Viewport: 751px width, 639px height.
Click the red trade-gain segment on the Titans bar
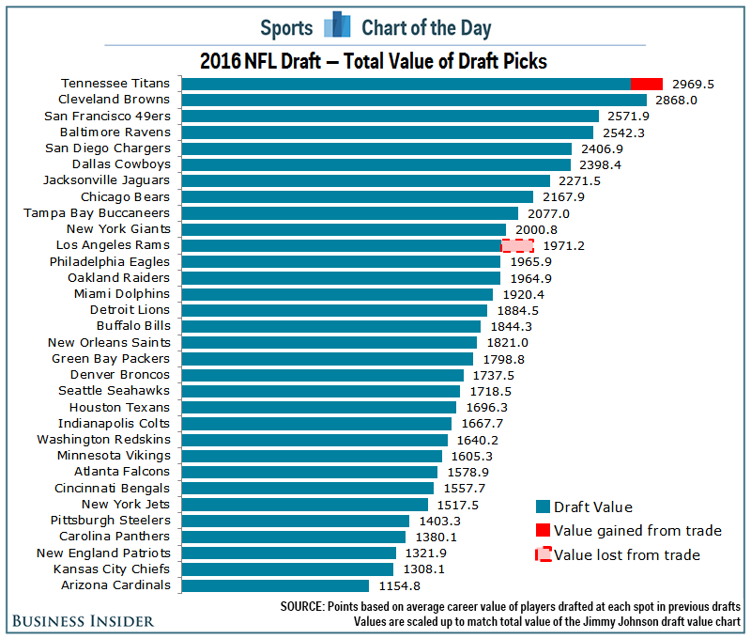[646, 84]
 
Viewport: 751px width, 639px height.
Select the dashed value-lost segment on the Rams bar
[517, 245]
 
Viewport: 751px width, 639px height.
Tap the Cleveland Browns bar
[413, 100]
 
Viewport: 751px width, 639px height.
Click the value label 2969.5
[693, 84]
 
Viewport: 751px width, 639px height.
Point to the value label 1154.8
[399, 585]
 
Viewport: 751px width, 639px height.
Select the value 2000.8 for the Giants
[536, 229]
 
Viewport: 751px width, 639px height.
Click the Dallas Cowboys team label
[121, 164]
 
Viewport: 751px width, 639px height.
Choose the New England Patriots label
[103, 553]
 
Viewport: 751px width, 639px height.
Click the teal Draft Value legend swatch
[543, 507]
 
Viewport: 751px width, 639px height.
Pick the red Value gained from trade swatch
[543, 531]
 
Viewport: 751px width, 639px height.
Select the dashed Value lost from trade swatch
[543, 554]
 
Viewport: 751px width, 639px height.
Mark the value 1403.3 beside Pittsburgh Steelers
[439, 521]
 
